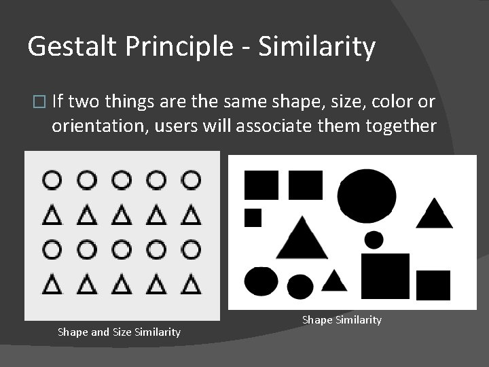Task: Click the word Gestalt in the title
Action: [x=66, y=47]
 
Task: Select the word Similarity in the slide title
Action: [x=316, y=47]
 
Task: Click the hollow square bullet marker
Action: [x=38, y=103]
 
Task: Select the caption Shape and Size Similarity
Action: [x=119, y=332]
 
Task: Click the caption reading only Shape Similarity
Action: [x=342, y=319]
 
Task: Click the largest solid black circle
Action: [x=367, y=196]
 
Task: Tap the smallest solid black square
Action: [x=253, y=217]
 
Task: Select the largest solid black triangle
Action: [x=302, y=239]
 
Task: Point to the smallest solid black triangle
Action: [x=334, y=281]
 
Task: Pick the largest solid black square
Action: [x=385, y=276]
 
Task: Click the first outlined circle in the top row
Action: [x=52, y=180]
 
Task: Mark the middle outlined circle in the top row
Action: [x=122, y=180]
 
